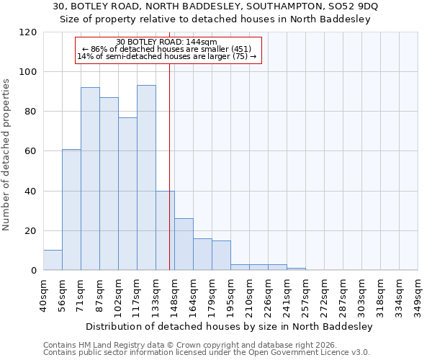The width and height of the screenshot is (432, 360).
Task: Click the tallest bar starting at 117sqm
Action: click(146, 178)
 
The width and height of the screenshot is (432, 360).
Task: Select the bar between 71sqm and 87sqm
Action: click(90, 179)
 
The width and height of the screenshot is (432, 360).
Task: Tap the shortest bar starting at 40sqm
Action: click(53, 260)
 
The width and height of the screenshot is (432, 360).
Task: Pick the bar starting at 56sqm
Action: click(71, 210)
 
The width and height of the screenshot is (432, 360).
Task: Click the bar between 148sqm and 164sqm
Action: click(184, 244)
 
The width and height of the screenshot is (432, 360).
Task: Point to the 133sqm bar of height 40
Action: click(165, 230)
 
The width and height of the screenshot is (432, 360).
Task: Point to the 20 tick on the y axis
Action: click(30, 231)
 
